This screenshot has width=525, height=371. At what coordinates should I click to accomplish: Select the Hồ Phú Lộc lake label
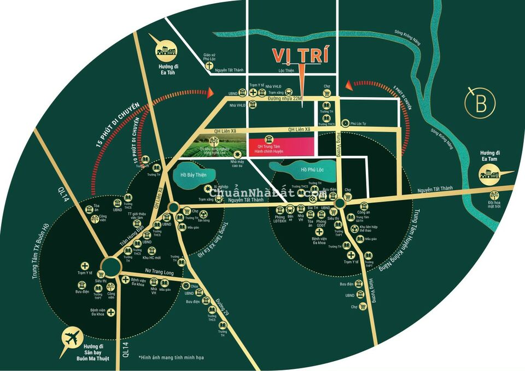(312, 170)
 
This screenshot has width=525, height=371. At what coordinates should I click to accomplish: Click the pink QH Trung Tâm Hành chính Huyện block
(282, 146)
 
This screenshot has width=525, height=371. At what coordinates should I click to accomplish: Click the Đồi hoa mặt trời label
(494, 204)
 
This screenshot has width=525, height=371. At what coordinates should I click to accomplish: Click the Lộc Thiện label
(286, 70)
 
